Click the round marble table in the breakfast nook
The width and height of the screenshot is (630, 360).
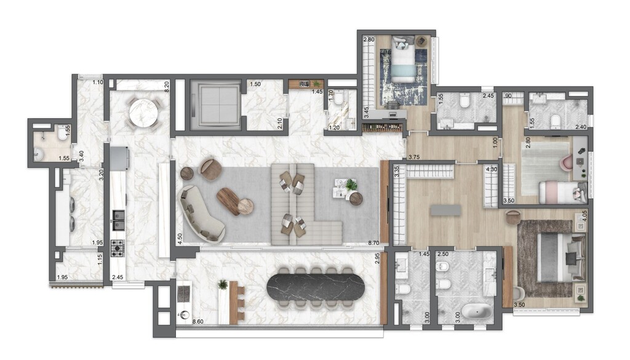pos(143,113)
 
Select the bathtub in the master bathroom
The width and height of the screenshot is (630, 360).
pos(477,311)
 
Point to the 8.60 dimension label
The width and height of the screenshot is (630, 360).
pos(199,321)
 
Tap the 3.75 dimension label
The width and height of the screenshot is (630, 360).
pos(415,157)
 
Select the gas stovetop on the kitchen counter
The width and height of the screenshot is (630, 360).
pos(118,248)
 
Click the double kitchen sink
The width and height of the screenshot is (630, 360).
pos(118,216)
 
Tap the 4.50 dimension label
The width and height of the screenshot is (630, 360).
pos(180,238)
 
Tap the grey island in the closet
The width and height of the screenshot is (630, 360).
pos(446,210)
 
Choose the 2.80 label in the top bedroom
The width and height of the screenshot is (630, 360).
pos(369,41)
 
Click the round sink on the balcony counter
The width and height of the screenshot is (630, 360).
pos(184,315)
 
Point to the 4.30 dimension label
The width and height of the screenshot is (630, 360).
pos(492,169)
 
